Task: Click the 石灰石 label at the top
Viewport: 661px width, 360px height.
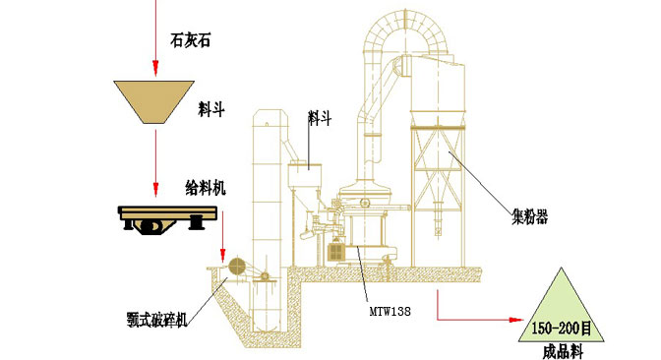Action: (190, 40)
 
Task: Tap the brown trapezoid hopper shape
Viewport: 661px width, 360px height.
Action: (153, 102)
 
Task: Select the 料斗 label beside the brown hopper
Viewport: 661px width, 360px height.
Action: (211, 109)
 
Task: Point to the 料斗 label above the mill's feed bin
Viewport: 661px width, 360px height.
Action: (320, 118)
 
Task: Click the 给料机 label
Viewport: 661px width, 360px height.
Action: (206, 188)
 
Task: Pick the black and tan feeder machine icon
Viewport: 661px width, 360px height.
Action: (167, 218)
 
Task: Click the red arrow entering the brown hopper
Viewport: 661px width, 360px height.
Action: (155, 38)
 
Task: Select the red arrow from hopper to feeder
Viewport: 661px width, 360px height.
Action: (155, 163)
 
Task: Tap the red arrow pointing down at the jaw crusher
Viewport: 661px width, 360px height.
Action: (222, 236)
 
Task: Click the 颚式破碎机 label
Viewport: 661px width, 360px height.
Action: (156, 320)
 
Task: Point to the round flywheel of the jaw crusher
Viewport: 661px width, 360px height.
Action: (237, 267)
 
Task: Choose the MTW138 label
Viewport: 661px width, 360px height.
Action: (390, 312)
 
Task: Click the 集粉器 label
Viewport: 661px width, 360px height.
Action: (529, 217)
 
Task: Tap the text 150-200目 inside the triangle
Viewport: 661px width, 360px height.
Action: (561, 328)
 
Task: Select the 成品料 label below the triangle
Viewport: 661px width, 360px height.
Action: (563, 351)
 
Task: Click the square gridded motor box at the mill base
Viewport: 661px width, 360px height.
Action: (336, 252)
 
